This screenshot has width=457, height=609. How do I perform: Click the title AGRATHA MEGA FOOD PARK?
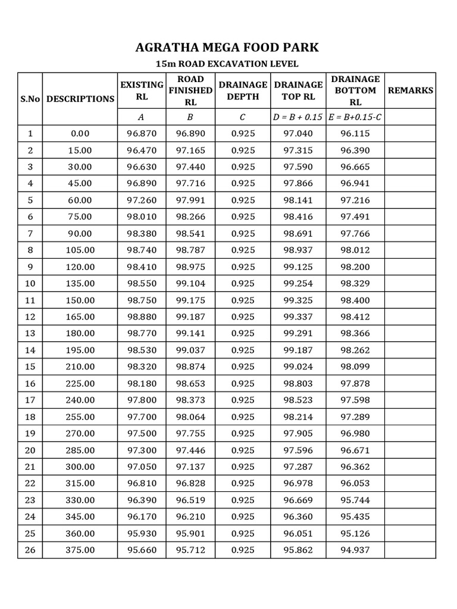pos(228,48)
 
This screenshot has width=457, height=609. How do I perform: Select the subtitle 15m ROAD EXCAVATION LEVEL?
pos(228,64)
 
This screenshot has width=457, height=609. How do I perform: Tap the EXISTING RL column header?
pos(142,90)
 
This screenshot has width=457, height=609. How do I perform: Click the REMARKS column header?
pos(411,90)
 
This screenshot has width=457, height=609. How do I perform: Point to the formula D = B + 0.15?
pos(298,117)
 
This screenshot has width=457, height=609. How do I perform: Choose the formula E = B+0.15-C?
pos(355,117)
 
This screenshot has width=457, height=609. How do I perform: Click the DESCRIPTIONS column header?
pos(80,99)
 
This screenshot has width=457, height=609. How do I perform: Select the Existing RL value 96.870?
pos(142,134)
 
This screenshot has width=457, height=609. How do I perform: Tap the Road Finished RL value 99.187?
pos(190,317)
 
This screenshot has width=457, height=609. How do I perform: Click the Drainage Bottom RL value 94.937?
pos(355,550)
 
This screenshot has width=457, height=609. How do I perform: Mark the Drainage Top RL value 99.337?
pos(298,317)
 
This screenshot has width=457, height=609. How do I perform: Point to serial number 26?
pos(30,550)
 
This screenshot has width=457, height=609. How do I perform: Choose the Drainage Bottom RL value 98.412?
pos(355,317)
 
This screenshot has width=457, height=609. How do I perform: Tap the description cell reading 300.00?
pos(80,467)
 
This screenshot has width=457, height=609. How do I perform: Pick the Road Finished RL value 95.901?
pos(190,533)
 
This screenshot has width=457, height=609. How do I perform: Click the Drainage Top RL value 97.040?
pos(298,134)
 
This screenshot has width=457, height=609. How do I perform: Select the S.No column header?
pos(30,99)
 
